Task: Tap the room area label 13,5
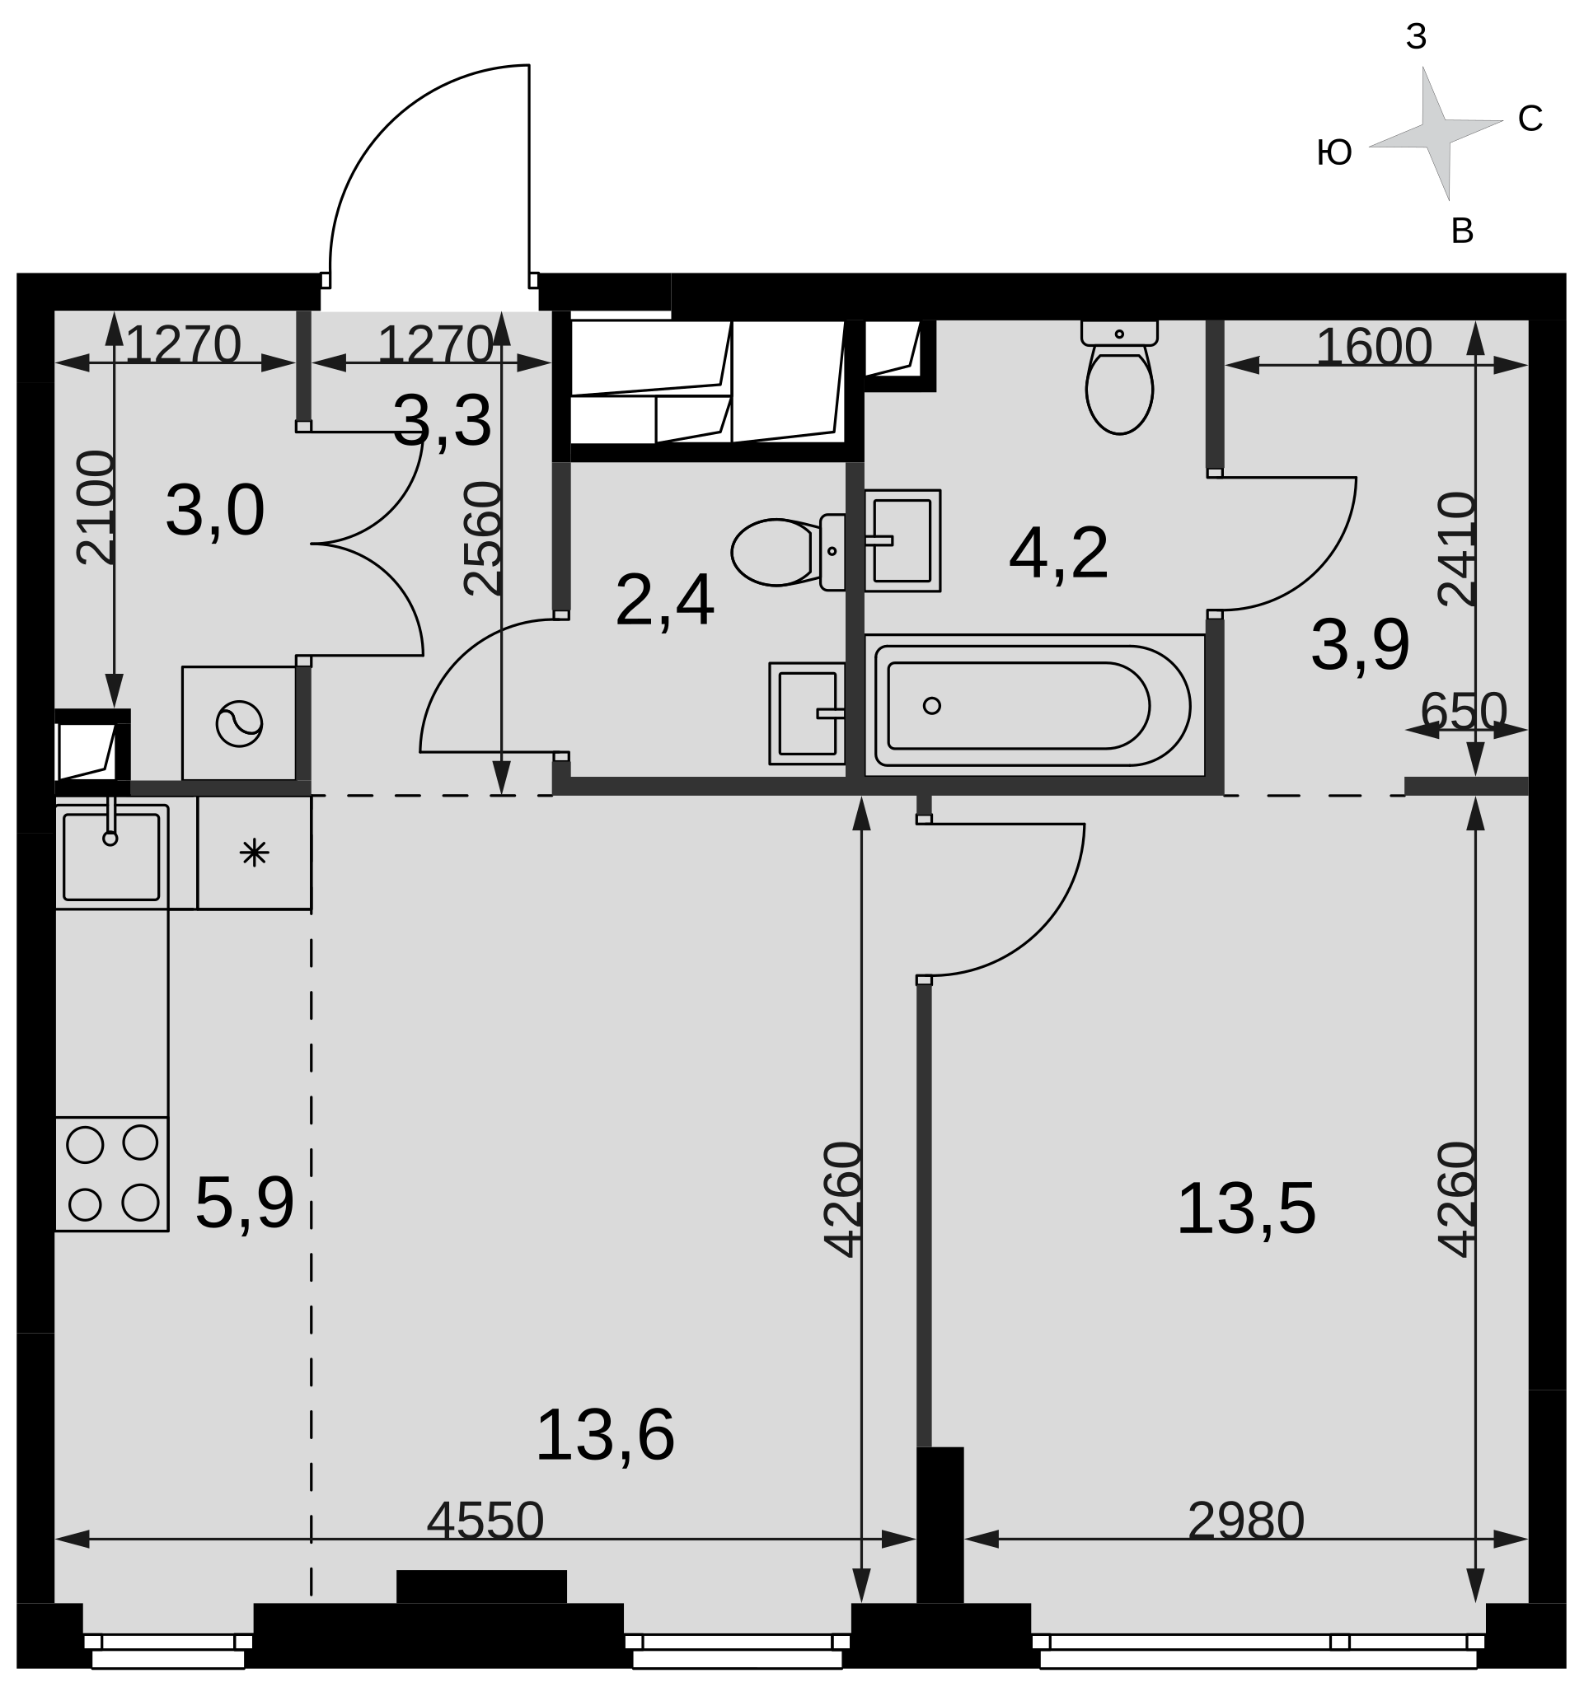1246,1208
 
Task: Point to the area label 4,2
1058,554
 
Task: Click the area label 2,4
664,600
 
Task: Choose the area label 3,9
1360,645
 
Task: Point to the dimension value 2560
483,538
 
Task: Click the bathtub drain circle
931,705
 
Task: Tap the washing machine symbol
239,724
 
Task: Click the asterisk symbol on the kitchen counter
254,852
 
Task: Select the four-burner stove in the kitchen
112,1174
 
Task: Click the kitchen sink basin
111,857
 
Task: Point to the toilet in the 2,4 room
788,552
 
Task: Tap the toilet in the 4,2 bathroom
1119,376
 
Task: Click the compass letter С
1530,119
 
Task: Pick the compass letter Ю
1333,152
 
